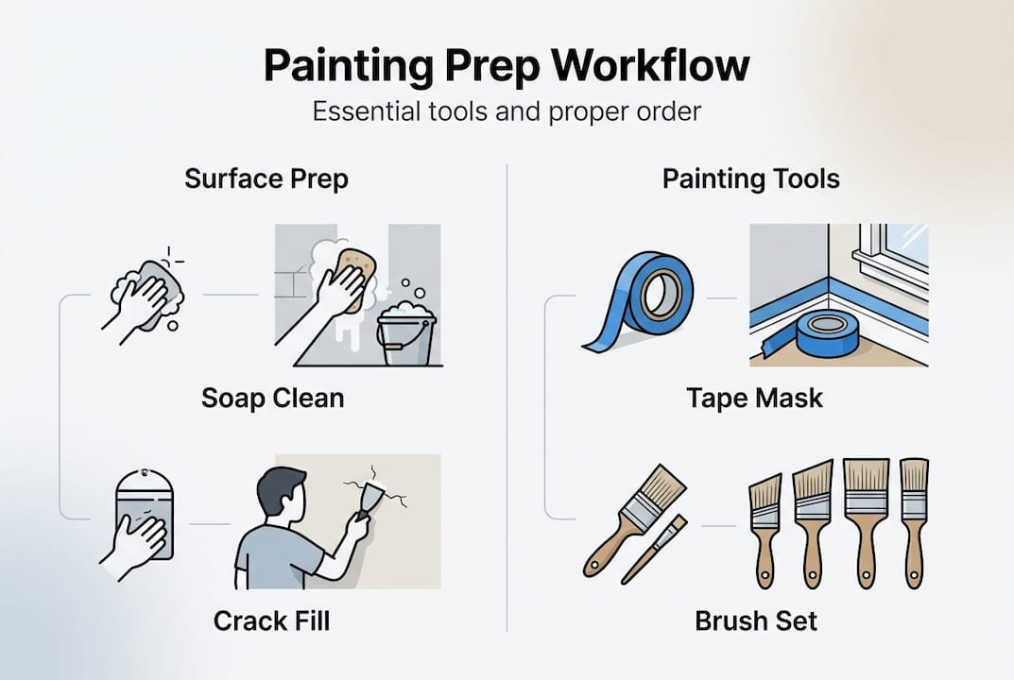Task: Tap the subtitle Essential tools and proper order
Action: (507, 111)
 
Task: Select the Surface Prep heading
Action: (266, 178)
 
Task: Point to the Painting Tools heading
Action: (751, 178)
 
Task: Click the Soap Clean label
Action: (272, 398)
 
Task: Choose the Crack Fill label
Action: (272, 620)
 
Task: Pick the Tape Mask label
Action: (754, 398)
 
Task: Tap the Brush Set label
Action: (756, 620)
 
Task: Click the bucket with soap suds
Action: (406, 335)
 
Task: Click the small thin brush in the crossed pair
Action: (654, 548)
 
